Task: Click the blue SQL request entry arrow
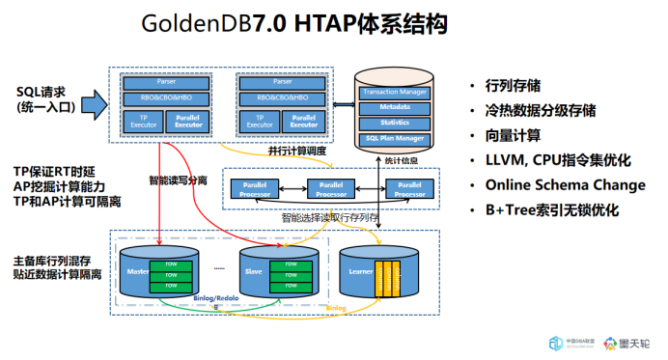(x=93, y=101)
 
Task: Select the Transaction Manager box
(x=394, y=92)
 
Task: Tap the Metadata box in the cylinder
(x=394, y=108)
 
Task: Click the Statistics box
(x=394, y=123)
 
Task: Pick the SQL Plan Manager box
(x=394, y=139)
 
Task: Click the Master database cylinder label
(x=137, y=273)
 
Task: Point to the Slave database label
(x=254, y=273)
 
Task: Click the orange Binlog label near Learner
(x=335, y=308)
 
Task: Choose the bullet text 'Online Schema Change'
(x=565, y=184)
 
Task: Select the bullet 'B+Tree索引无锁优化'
(x=551, y=209)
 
